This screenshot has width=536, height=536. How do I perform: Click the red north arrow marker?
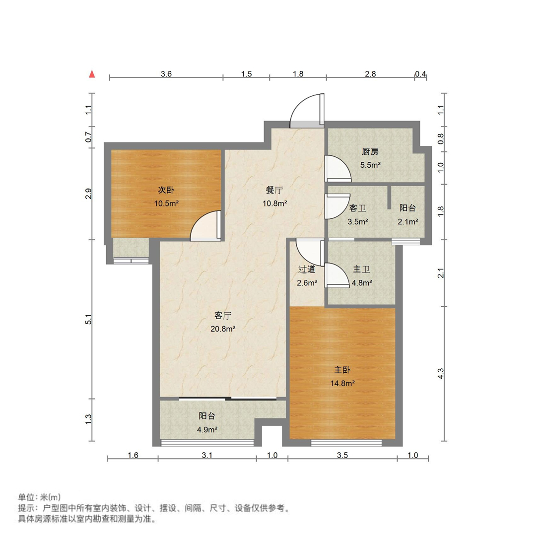click(92, 74)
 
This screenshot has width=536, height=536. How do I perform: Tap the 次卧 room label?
click(166, 190)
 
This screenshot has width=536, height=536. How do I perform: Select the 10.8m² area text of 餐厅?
click(275, 203)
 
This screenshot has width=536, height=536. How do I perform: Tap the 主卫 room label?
click(362, 270)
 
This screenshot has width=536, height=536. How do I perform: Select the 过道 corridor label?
click(307, 270)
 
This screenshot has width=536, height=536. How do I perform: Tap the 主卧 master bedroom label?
click(342, 370)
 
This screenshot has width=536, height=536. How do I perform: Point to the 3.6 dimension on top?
click(166, 74)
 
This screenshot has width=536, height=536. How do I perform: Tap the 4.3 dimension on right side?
click(441, 373)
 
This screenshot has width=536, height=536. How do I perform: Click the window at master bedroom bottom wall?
click(347, 441)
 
